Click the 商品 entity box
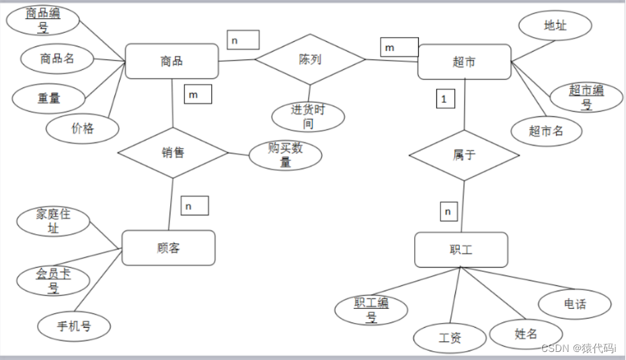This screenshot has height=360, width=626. (x=171, y=61)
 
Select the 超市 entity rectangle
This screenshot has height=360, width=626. (x=464, y=62)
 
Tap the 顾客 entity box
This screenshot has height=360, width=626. (x=168, y=248)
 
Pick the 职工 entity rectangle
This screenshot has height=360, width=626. (x=461, y=250)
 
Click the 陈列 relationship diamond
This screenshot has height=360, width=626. (x=310, y=59)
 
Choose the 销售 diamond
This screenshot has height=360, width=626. (x=173, y=153)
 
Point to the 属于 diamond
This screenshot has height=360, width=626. (x=464, y=155)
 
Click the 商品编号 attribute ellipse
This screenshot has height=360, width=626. (x=42, y=20)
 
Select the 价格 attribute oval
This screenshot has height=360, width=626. (x=83, y=128)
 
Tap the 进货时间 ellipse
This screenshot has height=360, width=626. (x=308, y=116)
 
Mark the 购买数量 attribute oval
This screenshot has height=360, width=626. (x=285, y=155)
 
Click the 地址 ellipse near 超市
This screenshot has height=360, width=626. (x=555, y=26)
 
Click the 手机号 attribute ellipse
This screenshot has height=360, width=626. (x=74, y=327)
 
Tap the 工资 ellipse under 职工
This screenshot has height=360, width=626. (x=450, y=338)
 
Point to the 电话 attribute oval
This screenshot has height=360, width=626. (x=575, y=304)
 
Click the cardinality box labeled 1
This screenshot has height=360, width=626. (x=444, y=99)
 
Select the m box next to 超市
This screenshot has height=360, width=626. (x=399, y=47)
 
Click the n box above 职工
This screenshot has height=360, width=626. (x=449, y=211)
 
